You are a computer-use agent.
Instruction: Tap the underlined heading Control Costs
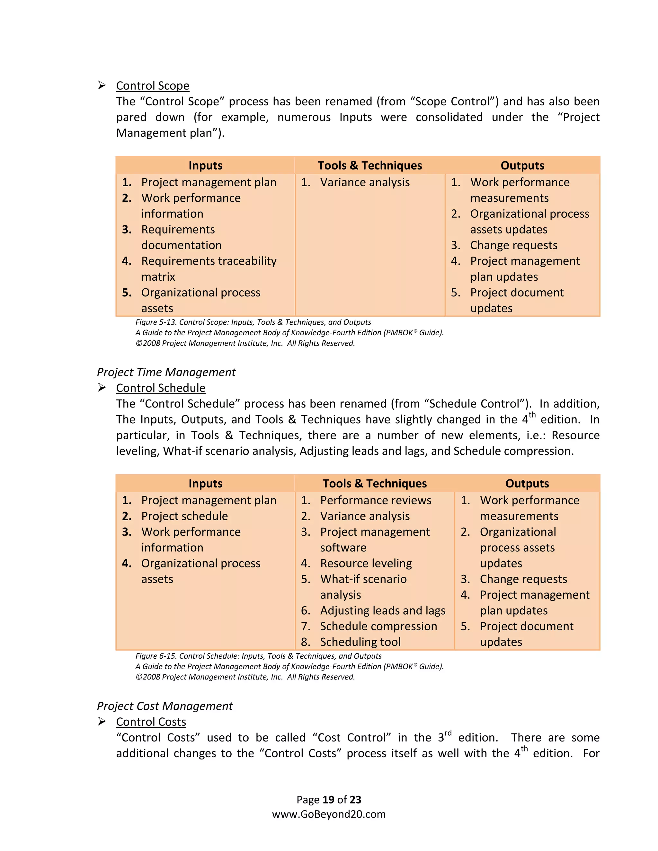click(x=151, y=722)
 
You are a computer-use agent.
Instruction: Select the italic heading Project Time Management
click(x=166, y=372)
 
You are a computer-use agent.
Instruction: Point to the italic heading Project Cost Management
click(x=164, y=706)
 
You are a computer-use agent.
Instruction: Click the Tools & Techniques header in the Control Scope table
click(x=369, y=166)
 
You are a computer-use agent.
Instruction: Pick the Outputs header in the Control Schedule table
click(x=527, y=484)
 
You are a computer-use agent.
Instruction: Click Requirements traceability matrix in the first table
click(x=209, y=261)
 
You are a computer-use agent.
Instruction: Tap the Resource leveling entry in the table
click(x=366, y=564)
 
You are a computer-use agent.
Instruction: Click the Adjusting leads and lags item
click(x=382, y=610)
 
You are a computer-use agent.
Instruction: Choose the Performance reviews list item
click(x=375, y=500)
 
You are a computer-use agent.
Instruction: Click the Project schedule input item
click(x=184, y=516)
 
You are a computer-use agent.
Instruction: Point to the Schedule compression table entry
click(x=378, y=626)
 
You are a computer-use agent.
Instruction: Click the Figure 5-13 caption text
click(x=253, y=322)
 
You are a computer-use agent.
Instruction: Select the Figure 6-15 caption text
click(x=258, y=656)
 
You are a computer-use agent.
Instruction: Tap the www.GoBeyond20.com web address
click(x=329, y=814)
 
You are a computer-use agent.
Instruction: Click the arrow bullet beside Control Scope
click(x=102, y=85)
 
